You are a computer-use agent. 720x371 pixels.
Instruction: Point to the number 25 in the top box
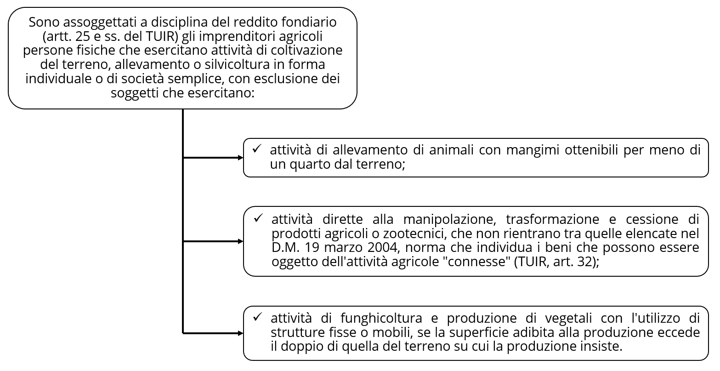(80, 36)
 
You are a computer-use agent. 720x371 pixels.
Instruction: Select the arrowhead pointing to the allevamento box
(240, 158)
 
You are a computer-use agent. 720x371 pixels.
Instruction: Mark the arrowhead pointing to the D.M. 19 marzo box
(240, 241)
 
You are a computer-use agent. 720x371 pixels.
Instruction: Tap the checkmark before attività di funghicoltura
(257, 318)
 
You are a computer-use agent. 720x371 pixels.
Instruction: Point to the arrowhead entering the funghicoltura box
(240, 333)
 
